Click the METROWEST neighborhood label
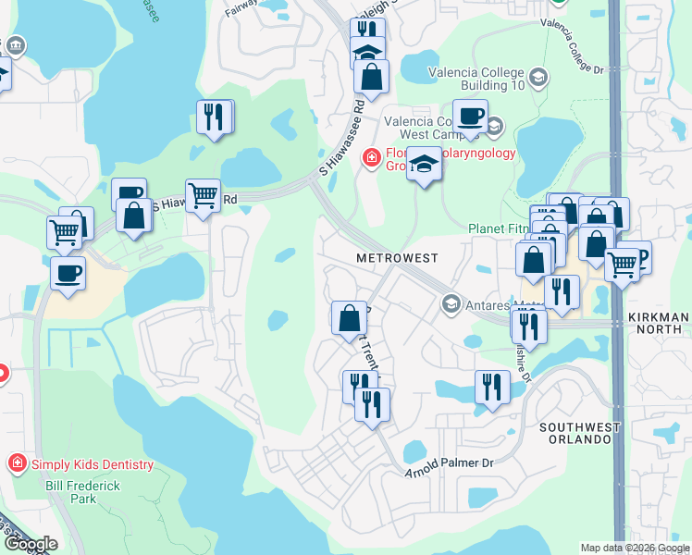[398, 256]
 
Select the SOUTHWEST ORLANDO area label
[575, 432]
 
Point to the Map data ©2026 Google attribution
[635, 548]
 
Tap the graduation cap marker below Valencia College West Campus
[425, 165]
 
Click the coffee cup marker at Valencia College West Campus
[470, 117]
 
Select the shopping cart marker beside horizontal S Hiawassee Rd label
[203, 196]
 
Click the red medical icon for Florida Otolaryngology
[372, 158]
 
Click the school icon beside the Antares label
[451, 303]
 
